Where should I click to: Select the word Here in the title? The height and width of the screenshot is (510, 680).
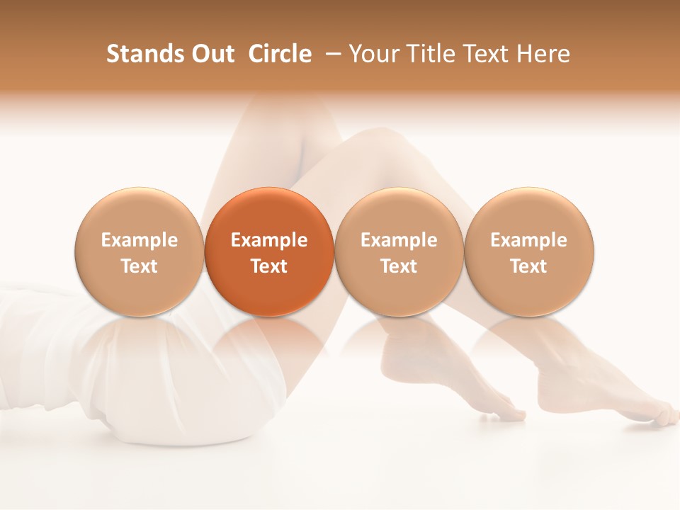[543, 54]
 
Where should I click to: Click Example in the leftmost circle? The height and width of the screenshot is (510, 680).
[140, 240]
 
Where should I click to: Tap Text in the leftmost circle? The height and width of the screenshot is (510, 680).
[140, 266]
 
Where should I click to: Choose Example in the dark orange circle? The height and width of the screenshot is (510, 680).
[269, 240]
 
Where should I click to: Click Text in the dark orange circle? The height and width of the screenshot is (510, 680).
[269, 266]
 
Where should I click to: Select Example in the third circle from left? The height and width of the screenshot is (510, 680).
[399, 240]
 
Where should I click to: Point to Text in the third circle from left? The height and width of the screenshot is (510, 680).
[399, 266]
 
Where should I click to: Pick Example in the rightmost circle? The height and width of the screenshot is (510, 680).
[529, 240]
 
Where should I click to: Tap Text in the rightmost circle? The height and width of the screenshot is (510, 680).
[529, 266]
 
